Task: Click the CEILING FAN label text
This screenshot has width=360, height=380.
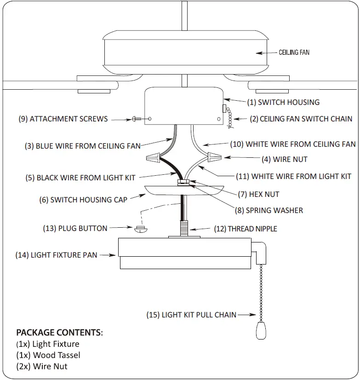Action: [294, 52]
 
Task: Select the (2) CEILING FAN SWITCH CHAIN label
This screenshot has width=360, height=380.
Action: [301, 119]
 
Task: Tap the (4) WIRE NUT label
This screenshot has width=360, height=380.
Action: [284, 159]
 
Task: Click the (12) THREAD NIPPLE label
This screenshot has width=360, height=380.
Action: [246, 228]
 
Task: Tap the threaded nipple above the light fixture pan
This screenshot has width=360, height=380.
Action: [184, 227]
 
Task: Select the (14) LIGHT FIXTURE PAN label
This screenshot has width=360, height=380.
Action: [56, 254]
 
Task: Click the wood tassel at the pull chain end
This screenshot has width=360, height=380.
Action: [260, 330]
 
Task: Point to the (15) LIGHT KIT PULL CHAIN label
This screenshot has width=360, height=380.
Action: [191, 315]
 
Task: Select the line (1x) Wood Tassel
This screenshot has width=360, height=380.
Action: [48, 355]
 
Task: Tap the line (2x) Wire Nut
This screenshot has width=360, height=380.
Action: [41, 366]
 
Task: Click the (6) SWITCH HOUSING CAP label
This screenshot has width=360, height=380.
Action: [83, 200]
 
